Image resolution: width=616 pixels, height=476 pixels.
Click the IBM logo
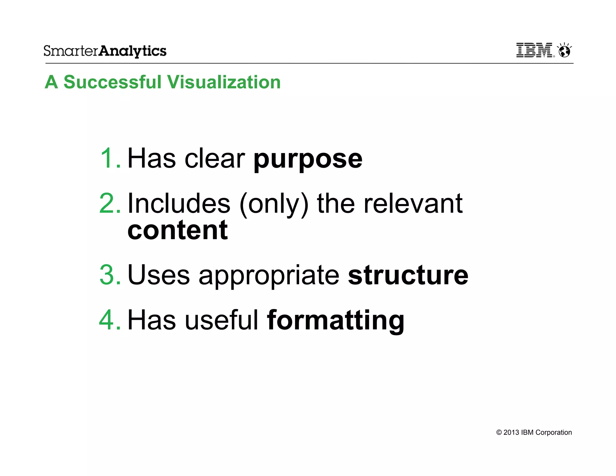coord(534,50)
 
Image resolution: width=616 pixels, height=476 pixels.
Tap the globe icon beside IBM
coord(565,51)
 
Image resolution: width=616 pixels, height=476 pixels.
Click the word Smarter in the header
coord(71,51)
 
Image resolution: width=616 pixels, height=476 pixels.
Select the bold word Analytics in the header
coord(133,51)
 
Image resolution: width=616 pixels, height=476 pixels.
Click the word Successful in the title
coord(113,82)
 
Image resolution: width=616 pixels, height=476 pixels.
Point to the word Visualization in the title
coord(224,82)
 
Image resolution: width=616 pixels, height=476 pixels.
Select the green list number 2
coord(109,204)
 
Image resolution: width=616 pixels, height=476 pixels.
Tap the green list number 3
coord(109,275)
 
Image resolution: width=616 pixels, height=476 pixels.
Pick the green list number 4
coord(109,320)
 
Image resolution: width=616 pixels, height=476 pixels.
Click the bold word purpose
coord(308,159)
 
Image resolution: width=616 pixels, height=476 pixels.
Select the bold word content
coord(177,230)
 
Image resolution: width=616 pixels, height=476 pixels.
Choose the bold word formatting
coord(335,321)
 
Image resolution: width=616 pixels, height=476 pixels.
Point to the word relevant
coord(413,204)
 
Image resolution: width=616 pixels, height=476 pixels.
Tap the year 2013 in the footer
coord(511,432)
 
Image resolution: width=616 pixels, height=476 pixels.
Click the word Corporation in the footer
coord(553,432)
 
